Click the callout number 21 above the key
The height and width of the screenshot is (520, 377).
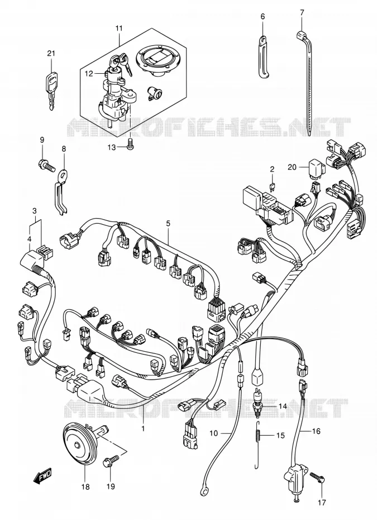(51, 53)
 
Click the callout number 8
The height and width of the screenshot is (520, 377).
(64, 149)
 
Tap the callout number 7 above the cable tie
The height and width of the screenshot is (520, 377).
(302, 13)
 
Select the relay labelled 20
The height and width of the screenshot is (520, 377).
(317, 167)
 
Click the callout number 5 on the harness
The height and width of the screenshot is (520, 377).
(168, 223)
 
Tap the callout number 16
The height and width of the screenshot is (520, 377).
(316, 431)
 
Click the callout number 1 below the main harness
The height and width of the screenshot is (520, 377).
(143, 429)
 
